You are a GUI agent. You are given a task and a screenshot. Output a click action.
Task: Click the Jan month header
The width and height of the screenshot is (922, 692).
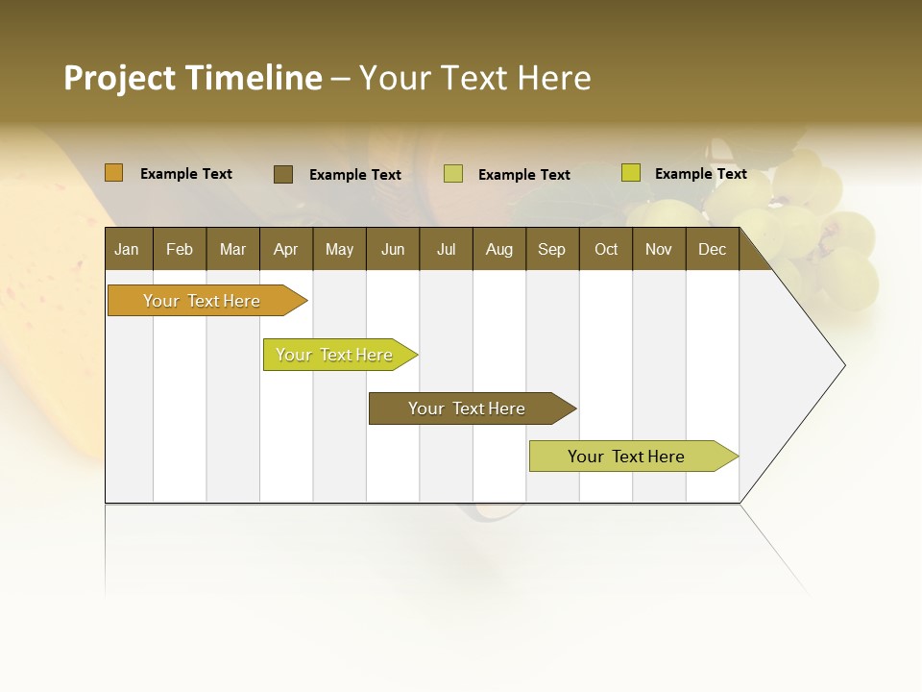[x=128, y=249]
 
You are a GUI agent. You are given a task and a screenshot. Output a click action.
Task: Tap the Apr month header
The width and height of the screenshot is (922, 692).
[x=286, y=249]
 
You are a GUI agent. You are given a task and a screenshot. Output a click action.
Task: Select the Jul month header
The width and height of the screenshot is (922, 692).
[x=446, y=249]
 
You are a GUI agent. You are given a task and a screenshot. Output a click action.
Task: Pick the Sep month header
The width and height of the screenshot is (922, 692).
[x=552, y=249]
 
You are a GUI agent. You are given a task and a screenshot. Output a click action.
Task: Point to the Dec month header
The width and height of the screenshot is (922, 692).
[x=713, y=249]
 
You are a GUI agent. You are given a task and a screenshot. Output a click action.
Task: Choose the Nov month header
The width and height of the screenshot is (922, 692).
[x=659, y=249]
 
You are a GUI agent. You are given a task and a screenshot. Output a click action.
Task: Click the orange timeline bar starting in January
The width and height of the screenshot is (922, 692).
[x=202, y=301]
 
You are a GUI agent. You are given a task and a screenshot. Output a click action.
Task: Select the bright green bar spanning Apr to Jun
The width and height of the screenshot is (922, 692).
[x=334, y=355]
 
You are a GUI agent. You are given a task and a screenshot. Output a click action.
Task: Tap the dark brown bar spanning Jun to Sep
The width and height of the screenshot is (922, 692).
[x=467, y=408]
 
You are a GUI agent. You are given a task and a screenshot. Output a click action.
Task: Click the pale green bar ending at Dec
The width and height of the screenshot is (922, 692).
[x=626, y=457]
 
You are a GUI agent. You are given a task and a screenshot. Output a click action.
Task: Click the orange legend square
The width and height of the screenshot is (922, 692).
[x=113, y=173]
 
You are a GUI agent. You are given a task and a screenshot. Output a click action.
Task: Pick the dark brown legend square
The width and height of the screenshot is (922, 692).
[x=282, y=174]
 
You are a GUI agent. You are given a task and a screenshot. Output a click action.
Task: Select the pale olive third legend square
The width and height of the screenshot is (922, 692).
[x=453, y=174]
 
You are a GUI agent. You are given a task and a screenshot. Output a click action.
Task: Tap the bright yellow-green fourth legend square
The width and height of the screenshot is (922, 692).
[x=630, y=173]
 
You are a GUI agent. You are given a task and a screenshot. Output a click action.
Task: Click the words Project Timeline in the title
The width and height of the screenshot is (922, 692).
[x=192, y=78]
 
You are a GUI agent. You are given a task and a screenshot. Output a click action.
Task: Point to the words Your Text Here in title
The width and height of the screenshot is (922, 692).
[x=475, y=78]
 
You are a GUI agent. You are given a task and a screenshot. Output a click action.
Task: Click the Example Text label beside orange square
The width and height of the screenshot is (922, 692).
[x=186, y=174]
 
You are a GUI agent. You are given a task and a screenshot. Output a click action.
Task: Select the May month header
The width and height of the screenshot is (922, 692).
[x=339, y=249]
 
